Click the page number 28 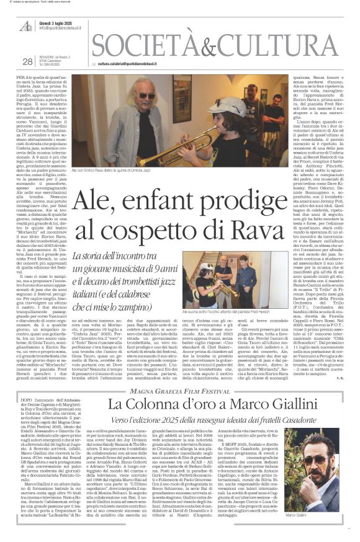[27, 61]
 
